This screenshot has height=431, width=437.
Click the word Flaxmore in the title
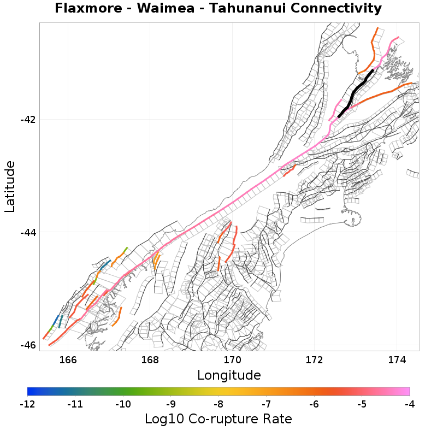point(90,9)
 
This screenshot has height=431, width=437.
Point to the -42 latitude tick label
point(27,120)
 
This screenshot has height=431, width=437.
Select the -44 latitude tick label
point(27,232)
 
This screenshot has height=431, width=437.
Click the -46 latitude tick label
point(27,345)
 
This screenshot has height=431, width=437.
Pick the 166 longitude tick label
point(68,360)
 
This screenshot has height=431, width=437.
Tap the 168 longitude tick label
point(150,360)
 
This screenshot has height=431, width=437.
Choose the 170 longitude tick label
point(232,360)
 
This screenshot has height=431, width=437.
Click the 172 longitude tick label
point(315,360)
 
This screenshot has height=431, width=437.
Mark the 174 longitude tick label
point(397,360)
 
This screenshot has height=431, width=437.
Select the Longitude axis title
point(229,375)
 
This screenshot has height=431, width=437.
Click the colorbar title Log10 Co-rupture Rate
point(218,419)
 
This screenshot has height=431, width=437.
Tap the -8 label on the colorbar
point(218,404)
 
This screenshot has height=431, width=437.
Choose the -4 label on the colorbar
point(409,404)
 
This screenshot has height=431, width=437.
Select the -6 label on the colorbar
point(314,404)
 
